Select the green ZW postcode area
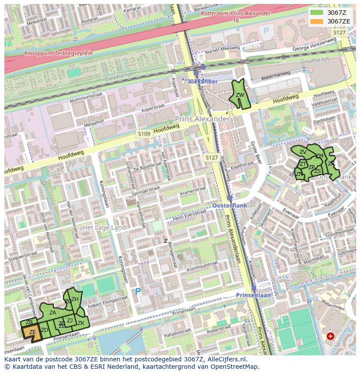[x=240, y=95]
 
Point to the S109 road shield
[x=143, y=134]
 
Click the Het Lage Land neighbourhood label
[x=104, y=228]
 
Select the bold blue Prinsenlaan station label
[x=253, y=295]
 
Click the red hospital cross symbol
[x=330, y=336]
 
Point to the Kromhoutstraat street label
[x=201, y=265]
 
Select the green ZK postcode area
[x=81, y=323]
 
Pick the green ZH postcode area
[x=75, y=299]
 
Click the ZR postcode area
[x=331, y=164]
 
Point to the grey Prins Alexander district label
[x=202, y=119]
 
